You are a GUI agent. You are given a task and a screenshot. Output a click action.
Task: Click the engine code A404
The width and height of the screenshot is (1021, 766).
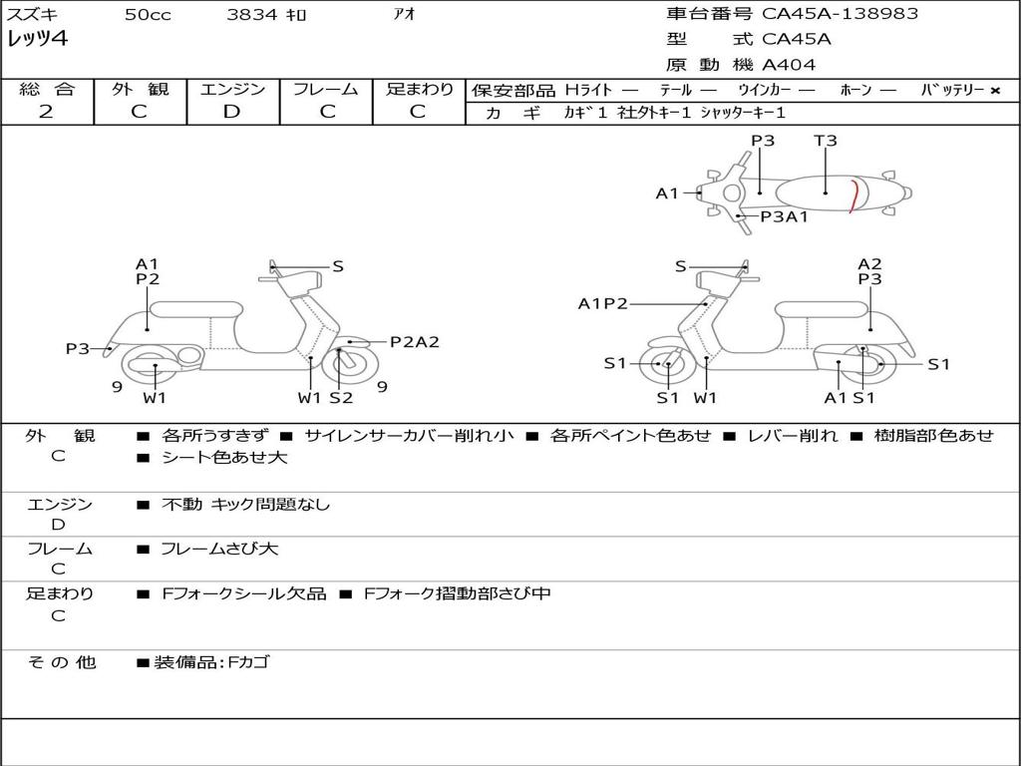pyautogui.click(x=789, y=65)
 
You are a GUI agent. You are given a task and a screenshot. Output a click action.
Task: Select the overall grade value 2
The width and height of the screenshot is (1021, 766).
pyautogui.click(x=46, y=112)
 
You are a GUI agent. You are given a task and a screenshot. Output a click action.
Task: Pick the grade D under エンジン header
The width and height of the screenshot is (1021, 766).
pyautogui.click(x=232, y=112)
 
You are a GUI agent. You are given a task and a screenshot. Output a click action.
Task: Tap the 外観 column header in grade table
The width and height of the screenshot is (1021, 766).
pyautogui.click(x=140, y=89)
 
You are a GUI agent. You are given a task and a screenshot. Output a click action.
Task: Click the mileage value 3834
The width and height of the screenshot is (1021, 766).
pyautogui.click(x=252, y=15)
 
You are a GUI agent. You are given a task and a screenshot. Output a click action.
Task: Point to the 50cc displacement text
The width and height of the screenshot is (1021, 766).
pyautogui.click(x=148, y=15)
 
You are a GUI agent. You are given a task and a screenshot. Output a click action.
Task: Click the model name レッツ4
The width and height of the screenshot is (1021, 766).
pyautogui.click(x=37, y=40)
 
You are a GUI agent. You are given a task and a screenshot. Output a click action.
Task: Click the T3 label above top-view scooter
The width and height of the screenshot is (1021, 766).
pyautogui.click(x=826, y=141)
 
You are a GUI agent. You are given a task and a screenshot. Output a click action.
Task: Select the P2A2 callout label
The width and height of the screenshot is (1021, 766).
pyautogui.click(x=414, y=342)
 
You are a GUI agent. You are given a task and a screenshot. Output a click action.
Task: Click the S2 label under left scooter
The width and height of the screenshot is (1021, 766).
pyautogui.click(x=341, y=398)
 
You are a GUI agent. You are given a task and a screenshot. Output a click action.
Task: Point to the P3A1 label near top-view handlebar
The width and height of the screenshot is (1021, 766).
pyautogui.click(x=785, y=216)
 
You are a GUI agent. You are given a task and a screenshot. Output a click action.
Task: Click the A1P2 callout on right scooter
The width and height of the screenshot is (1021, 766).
pyautogui.click(x=603, y=303)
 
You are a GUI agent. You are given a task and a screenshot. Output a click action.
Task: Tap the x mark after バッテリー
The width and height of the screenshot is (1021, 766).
pyautogui.click(x=995, y=90)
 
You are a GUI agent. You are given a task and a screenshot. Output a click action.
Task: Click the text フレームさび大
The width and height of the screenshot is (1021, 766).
pyautogui.click(x=219, y=549)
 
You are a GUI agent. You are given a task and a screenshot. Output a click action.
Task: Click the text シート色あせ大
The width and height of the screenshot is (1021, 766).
pyautogui.click(x=224, y=458)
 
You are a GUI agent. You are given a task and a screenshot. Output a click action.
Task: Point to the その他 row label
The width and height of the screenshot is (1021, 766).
pyautogui.click(x=62, y=662)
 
